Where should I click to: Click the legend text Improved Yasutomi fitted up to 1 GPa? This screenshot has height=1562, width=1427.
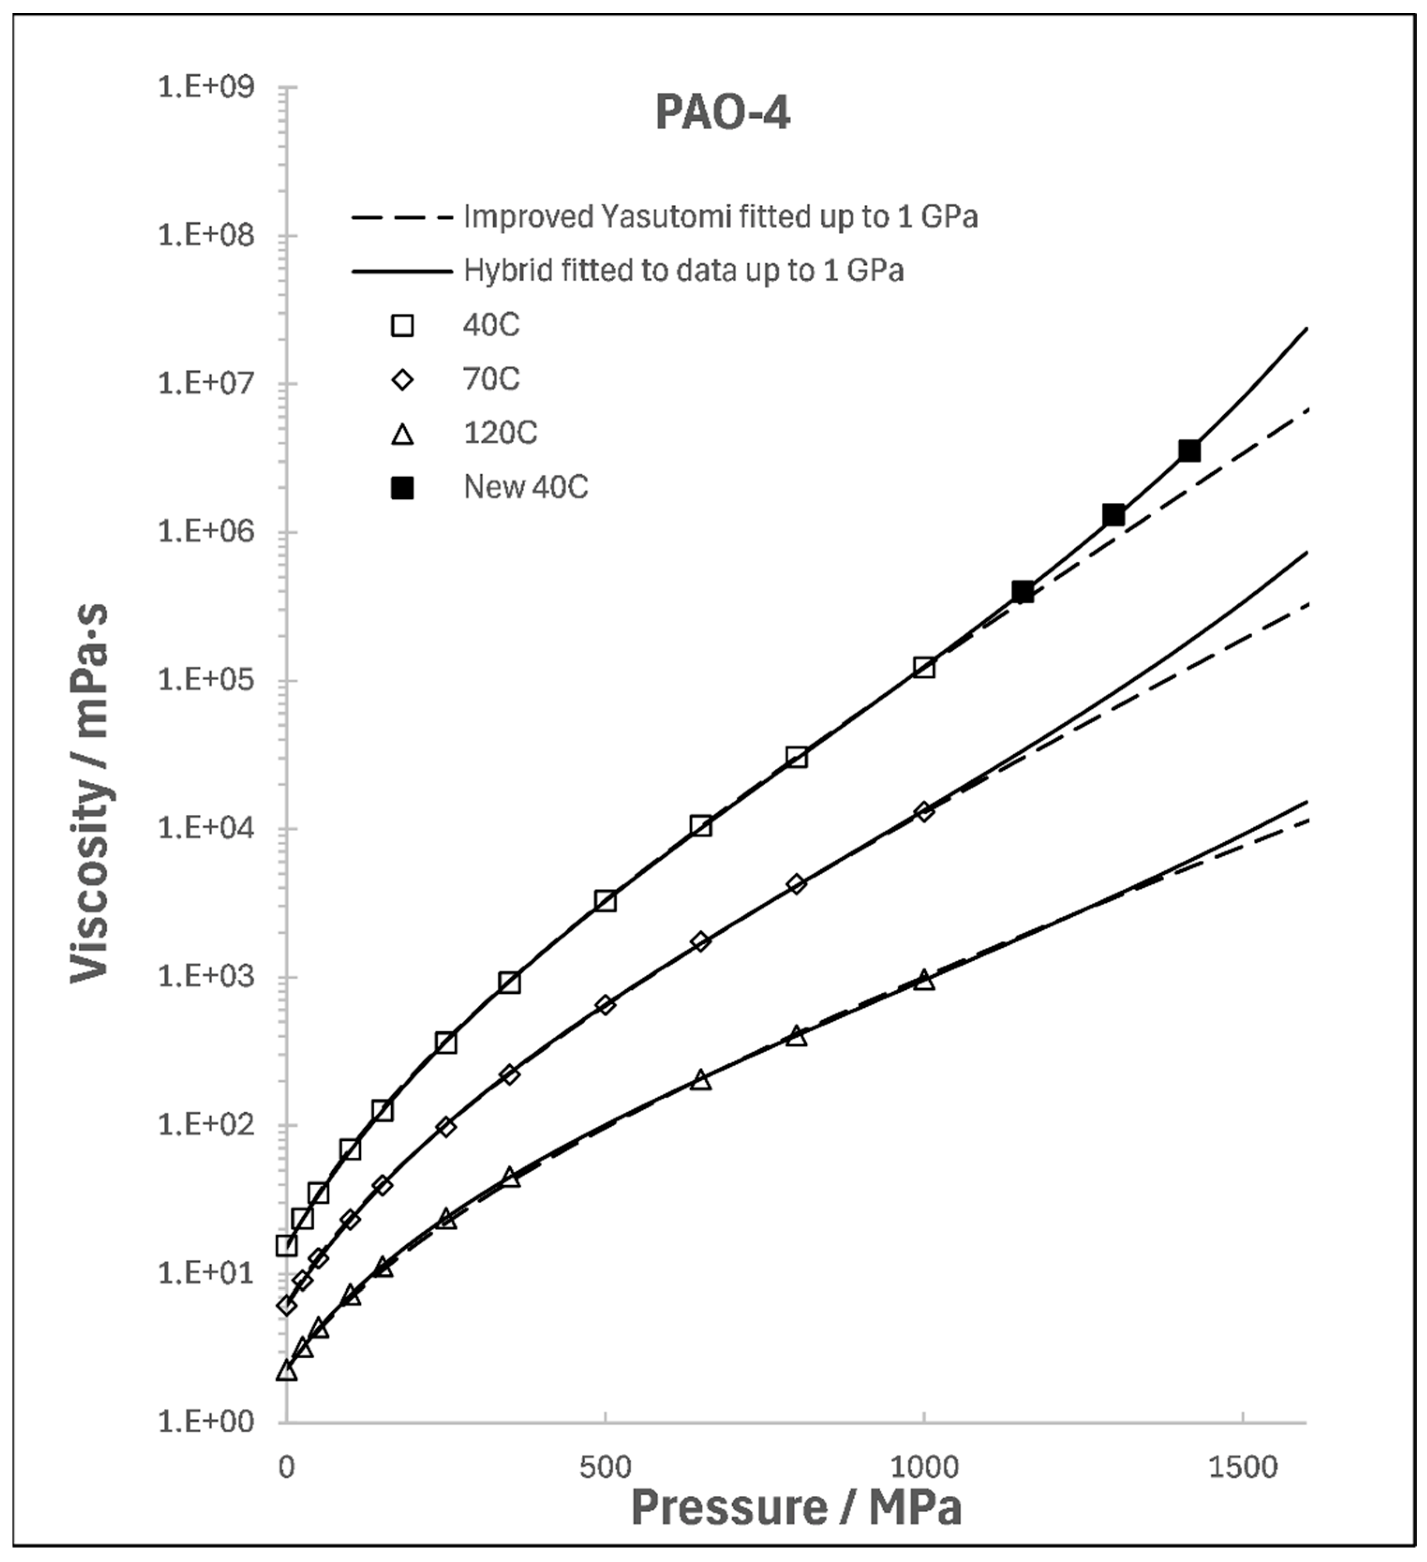(x=721, y=217)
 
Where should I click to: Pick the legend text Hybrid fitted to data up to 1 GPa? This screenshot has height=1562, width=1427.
(x=684, y=271)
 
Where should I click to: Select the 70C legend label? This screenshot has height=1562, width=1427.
(x=491, y=379)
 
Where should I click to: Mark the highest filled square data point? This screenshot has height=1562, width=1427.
(x=1189, y=451)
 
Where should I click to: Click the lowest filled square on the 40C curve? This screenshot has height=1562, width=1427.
(x=1023, y=592)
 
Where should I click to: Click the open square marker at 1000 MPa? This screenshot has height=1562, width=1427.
(x=923, y=667)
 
